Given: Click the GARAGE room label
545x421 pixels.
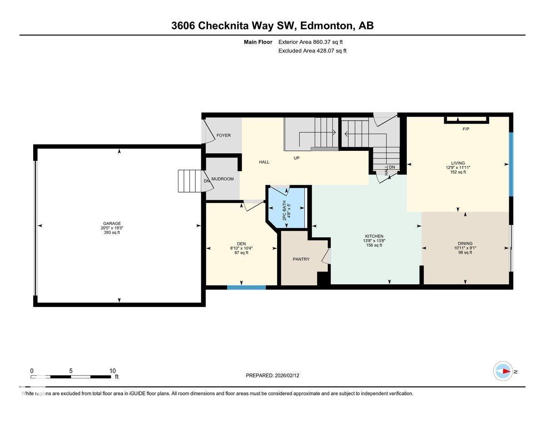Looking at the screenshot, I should pyautogui.click(x=112, y=223).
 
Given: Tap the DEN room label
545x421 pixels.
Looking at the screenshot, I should pyautogui.click(x=241, y=243).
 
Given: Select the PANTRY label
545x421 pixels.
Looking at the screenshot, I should pyautogui.click(x=301, y=259).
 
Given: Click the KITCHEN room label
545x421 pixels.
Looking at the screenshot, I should pyautogui.click(x=374, y=236).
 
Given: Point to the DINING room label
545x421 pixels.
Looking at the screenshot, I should pyautogui.click(x=465, y=243).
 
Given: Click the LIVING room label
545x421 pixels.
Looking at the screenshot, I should pyautogui.click(x=458, y=163).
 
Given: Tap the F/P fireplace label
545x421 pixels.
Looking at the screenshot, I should pyautogui.click(x=466, y=129).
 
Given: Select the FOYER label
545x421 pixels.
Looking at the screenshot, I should pyautogui.click(x=223, y=135).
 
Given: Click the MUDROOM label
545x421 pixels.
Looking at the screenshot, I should pyautogui.click(x=223, y=179).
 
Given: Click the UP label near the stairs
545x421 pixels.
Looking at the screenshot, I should pyautogui.click(x=297, y=158).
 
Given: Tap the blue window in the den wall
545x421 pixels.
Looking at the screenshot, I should pyautogui.click(x=246, y=287).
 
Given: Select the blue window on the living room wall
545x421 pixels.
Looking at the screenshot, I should pyautogui.click(x=510, y=164).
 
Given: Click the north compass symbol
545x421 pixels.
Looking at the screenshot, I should pyautogui.click(x=503, y=371).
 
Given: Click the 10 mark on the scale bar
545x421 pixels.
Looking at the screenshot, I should pyautogui.click(x=112, y=371).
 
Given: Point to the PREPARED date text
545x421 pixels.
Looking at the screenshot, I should pyautogui.click(x=272, y=376).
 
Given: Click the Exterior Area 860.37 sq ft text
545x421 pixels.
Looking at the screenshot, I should pyautogui.click(x=310, y=42).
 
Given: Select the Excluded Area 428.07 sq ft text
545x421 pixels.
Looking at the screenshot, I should pyautogui.click(x=312, y=51).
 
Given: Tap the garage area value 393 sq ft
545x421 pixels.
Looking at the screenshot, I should pyautogui.click(x=112, y=233).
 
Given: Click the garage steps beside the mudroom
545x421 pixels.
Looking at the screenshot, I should pyautogui.click(x=187, y=181).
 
